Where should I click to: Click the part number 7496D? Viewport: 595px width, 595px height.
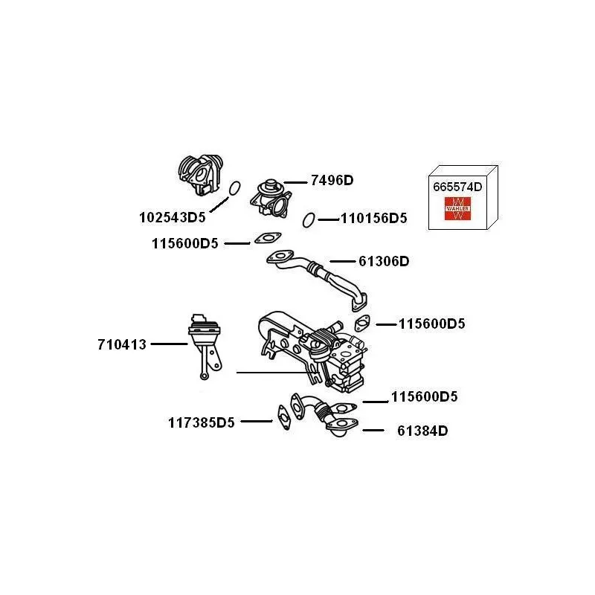(332, 180)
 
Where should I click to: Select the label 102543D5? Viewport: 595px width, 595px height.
(173, 217)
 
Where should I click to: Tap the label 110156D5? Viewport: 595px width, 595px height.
(374, 218)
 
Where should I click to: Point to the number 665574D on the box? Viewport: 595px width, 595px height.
(457, 187)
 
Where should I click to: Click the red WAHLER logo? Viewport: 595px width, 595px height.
(457, 208)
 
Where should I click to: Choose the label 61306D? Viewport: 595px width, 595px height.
(384, 262)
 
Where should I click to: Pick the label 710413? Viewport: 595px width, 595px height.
(122, 344)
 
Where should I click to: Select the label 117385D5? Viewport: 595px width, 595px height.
(201, 422)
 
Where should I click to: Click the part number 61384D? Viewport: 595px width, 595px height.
(422, 431)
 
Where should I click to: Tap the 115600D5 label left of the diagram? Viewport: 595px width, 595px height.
(184, 243)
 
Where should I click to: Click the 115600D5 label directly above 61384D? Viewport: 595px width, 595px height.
(424, 396)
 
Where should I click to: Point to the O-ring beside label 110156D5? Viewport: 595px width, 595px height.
(309, 219)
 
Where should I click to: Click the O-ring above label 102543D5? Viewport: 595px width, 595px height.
(234, 188)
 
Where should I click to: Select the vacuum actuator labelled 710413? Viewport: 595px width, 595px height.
(205, 346)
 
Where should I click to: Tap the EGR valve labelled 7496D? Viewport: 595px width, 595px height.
(271, 198)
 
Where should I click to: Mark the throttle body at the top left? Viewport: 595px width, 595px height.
(200, 175)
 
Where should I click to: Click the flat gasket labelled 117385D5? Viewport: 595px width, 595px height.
(284, 417)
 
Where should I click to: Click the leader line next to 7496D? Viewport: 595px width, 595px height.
(295, 182)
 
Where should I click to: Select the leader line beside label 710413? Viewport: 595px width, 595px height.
(170, 344)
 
